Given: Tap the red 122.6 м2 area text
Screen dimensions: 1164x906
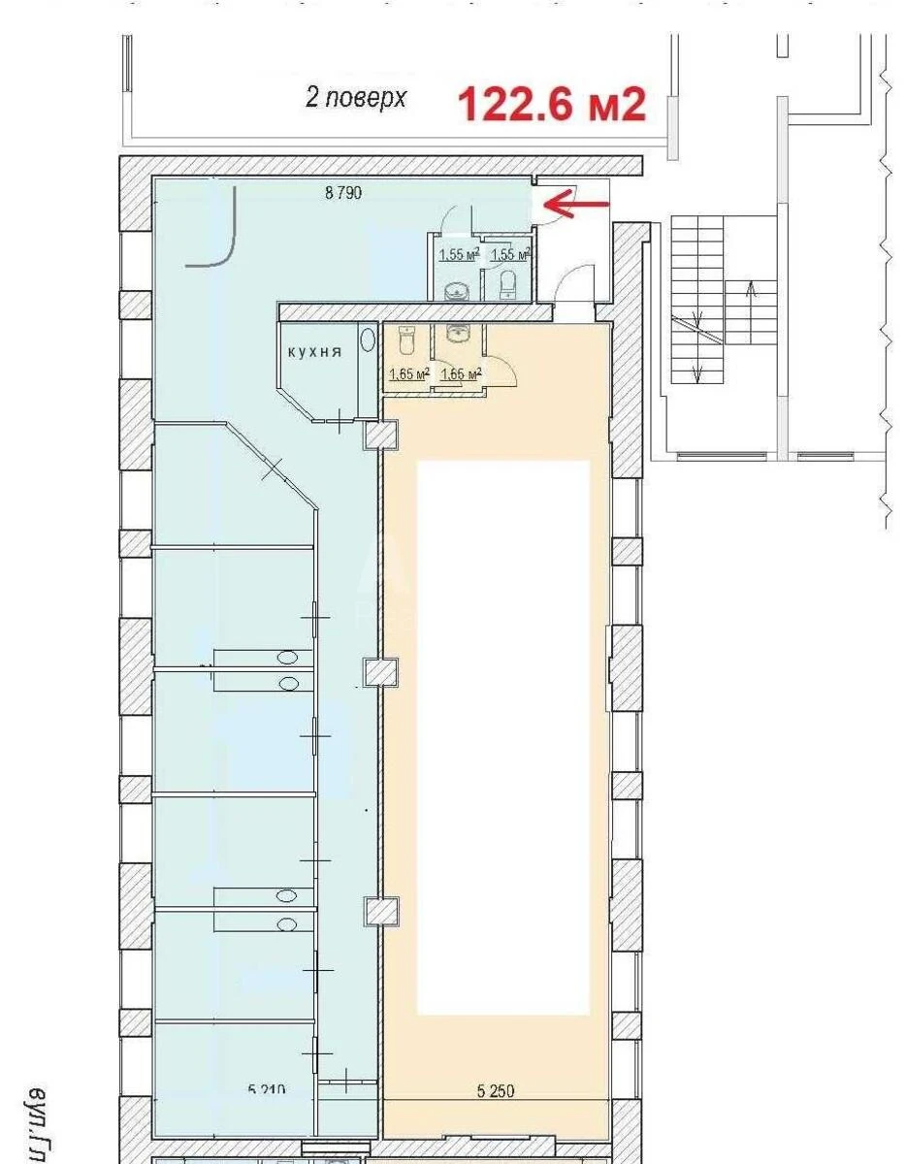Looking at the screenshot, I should click(551, 104).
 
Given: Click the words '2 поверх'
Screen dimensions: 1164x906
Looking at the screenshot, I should click(356, 98).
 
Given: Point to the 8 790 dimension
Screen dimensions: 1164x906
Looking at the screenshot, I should click(343, 193).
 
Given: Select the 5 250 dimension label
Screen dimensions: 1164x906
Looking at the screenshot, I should click(496, 1091).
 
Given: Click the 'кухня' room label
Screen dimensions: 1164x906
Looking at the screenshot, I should click(313, 353).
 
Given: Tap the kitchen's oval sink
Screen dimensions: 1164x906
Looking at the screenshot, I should click(367, 340).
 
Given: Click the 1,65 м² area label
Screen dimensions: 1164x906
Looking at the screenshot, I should click(408, 373).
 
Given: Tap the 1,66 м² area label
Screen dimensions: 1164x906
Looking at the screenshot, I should click(461, 373).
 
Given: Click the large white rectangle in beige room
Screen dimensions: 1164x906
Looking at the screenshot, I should click(503, 737).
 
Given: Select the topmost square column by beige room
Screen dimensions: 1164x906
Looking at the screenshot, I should click(380, 436).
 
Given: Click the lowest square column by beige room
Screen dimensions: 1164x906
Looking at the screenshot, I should click(380, 911).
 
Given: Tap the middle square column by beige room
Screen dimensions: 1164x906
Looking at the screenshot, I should click(380, 671).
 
